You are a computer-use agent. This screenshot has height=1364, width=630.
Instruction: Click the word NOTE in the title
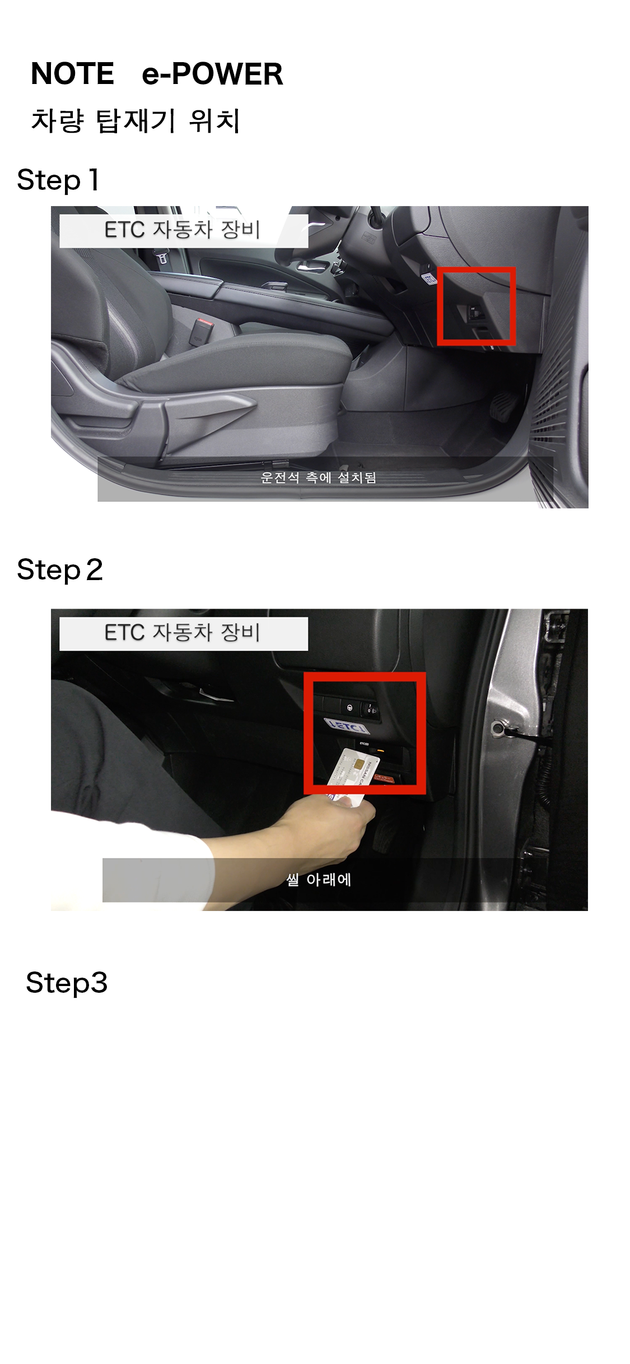(x=72, y=74)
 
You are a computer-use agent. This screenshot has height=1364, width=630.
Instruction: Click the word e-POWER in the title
(x=212, y=74)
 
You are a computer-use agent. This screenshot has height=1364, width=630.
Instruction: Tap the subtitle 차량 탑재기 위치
(x=136, y=120)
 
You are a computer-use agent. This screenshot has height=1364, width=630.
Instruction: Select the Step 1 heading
(x=58, y=180)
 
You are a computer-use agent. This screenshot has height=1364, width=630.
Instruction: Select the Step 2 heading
(x=60, y=570)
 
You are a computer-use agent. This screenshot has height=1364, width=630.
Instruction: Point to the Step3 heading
(x=67, y=983)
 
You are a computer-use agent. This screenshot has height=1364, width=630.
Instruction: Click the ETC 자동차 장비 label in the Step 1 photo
(x=183, y=230)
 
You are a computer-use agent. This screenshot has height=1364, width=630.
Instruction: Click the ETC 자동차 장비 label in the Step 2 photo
(x=183, y=633)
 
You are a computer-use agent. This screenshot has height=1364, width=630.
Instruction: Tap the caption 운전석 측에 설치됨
(x=318, y=478)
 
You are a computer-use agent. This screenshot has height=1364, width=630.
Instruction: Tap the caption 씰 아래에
(x=319, y=880)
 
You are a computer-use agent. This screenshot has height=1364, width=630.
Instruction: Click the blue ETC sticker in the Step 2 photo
(x=347, y=726)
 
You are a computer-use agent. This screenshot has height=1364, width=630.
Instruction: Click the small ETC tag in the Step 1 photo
(x=429, y=277)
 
